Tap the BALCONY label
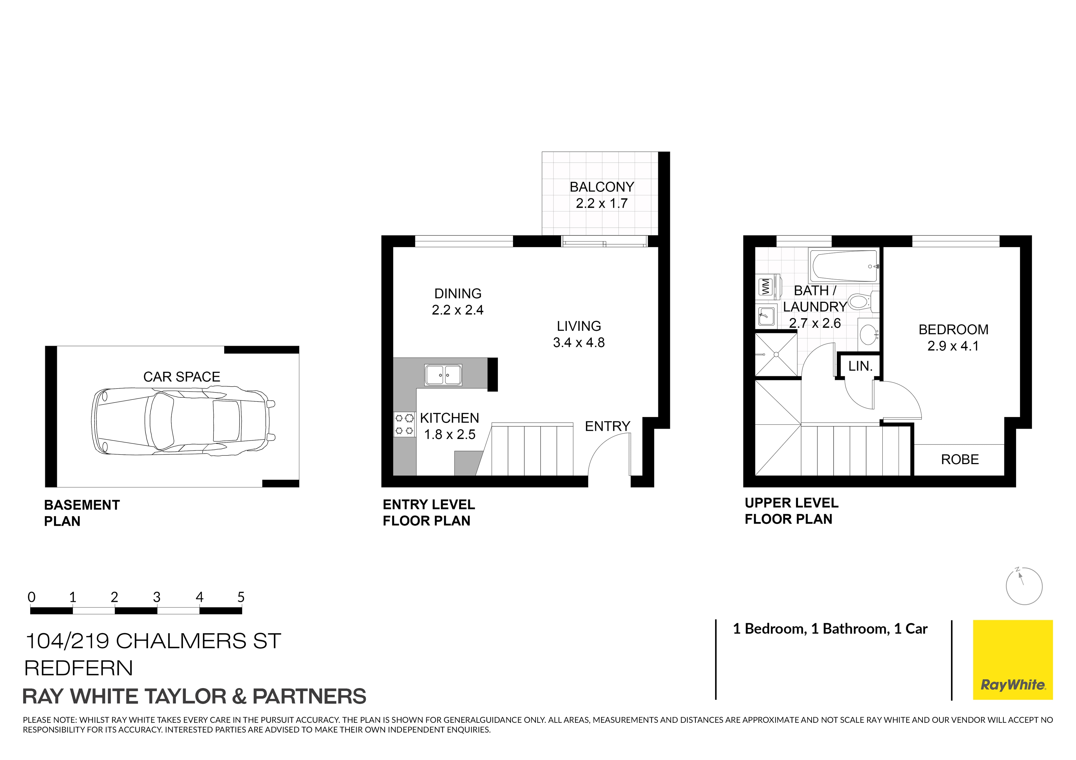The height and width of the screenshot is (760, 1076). [x=602, y=187]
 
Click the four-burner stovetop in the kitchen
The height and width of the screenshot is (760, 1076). [x=404, y=424]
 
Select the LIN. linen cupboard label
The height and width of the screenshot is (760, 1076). [x=861, y=366]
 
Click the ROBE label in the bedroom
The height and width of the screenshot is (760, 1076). [x=960, y=459]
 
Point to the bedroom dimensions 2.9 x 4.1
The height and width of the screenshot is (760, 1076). [x=953, y=346]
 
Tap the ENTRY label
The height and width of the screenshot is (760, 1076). [x=607, y=426]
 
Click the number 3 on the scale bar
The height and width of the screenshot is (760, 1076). [x=157, y=597]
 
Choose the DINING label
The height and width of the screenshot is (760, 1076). [x=458, y=294]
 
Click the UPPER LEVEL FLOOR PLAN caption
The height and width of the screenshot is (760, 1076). [x=792, y=511]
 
